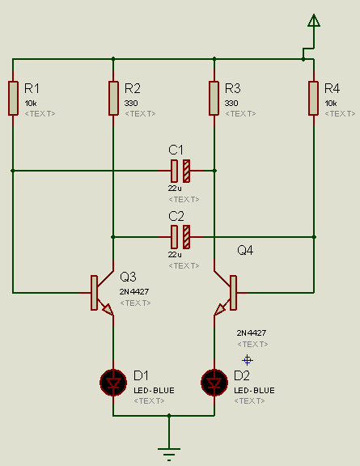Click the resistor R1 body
(x=13, y=98)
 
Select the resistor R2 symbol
(x=113, y=98)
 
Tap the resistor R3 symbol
(x=214, y=98)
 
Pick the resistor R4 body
(x=314, y=98)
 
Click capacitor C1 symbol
(x=180, y=171)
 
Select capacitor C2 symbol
(x=180, y=237)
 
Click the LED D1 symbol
(x=113, y=383)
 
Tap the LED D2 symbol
(x=214, y=383)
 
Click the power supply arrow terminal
(x=314, y=20)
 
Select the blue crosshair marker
(x=248, y=360)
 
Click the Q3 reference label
(x=128, y=277)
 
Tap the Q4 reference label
(x=245, y=250)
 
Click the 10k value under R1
(x=31, y=103)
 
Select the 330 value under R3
(x=231, y=103)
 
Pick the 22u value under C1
(x=175, y=189)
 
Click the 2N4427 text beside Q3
(x=134, y=291)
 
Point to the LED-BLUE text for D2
(x=255, y=390)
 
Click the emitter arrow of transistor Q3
(x=108, y=309)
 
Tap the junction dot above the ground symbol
(x=169, y=416)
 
